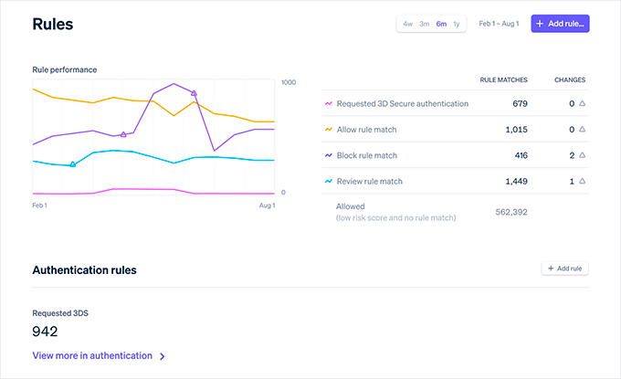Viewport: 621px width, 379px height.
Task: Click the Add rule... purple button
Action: pos(561,24)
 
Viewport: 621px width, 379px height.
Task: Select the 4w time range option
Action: pos(408,24)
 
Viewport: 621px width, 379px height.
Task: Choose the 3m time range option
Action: pos(425,24)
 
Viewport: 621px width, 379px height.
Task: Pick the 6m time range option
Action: pos(441,24)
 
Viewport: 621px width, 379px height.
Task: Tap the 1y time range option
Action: pos(457,24)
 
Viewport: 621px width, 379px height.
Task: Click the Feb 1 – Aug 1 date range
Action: pos(499,24)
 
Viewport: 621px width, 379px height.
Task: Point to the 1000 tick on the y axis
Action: pos(289,82)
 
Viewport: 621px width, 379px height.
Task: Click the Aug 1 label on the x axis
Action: pos(267,205)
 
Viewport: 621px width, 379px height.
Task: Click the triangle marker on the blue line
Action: pos(73,164)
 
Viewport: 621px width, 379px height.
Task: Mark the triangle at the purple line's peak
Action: pos(194,92)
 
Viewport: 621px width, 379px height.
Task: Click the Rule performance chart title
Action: pos(64,69)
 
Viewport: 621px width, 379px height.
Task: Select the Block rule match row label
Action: pos(366,156)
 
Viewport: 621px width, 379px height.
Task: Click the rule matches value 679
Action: pos(520,104)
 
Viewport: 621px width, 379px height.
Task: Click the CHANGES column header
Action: pos(569,79)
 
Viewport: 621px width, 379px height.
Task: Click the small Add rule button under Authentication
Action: pos(564,268)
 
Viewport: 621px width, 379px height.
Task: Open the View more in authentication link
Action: pos(98,356)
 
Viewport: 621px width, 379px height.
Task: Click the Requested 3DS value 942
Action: pos(46,331)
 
